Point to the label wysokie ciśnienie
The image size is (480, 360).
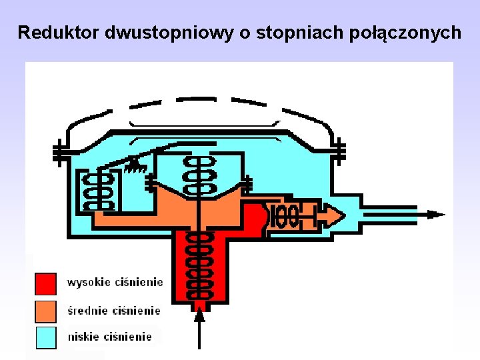[115, 283]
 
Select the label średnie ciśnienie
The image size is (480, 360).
[114, 310]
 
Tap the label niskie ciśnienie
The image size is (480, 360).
[110, 337]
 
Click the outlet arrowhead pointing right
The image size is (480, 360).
[436, 215]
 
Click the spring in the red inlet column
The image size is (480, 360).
[199, 267]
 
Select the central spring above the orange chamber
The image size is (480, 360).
[199, 177]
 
